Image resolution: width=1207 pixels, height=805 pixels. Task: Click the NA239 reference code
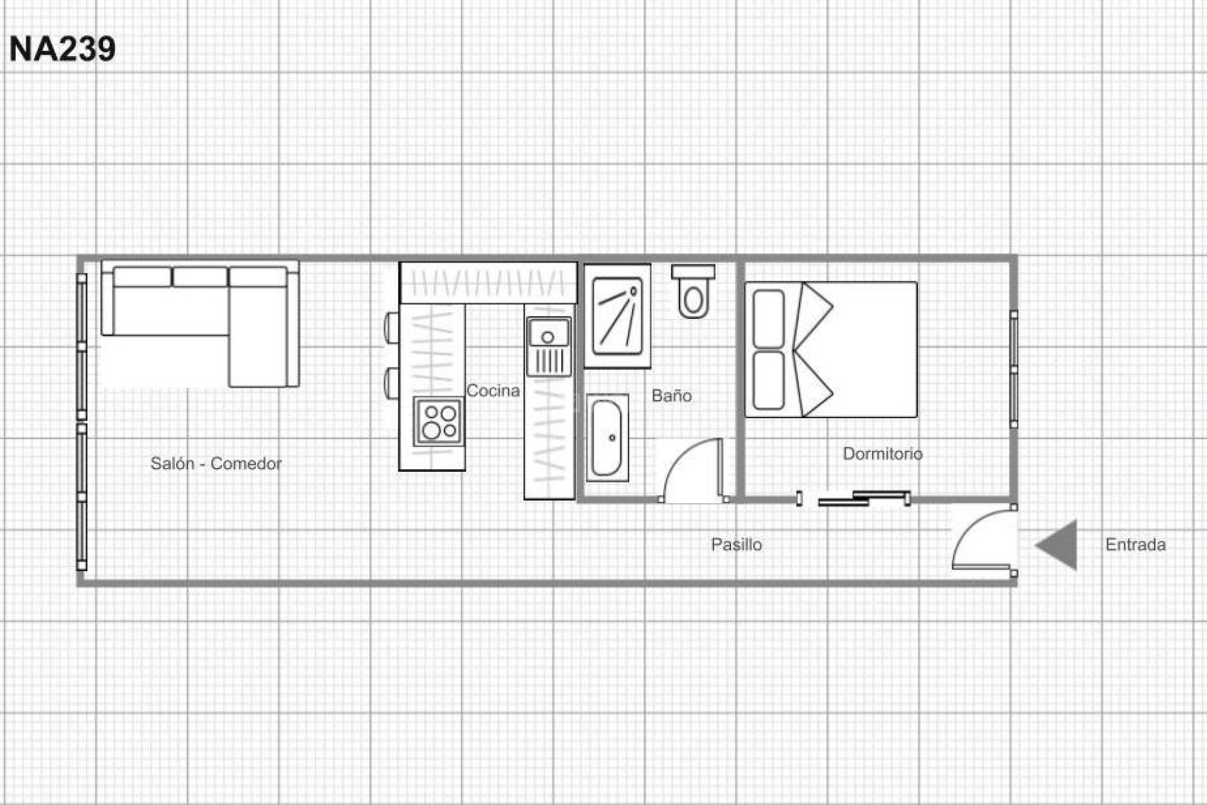click(x=62, y=48)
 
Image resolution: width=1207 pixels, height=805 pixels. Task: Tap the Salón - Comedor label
click(x=216, y=464)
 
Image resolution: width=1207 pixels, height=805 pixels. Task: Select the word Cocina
click(x=493, y=391)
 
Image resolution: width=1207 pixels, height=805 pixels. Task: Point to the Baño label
click(x=671, y=396)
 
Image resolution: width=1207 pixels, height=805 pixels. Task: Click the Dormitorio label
click(x=882, y=453)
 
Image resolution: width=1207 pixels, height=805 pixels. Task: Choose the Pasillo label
click(x=736, y=544)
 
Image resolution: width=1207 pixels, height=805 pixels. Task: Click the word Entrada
click(x=1135, y=544)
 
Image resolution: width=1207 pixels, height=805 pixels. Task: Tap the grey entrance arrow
click(x=1059, y=545)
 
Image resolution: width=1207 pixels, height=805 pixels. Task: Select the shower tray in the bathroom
click(x=617, y=316)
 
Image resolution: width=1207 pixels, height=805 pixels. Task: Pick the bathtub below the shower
click(x=607, y=438)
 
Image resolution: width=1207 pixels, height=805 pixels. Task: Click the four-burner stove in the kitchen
click(x=439, y=421)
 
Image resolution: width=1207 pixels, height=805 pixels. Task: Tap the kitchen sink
click(x=548, y=333)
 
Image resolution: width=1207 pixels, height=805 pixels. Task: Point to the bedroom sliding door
click(x=864, y=497)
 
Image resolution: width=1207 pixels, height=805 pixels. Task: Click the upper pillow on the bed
click(x=768, y=318)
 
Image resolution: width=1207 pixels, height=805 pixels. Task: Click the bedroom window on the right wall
click(x=1013, y=369)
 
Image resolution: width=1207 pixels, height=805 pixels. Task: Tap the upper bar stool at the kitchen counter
click(x=391, y=327)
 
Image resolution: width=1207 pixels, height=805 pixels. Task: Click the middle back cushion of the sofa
click(x=200, y=277)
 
